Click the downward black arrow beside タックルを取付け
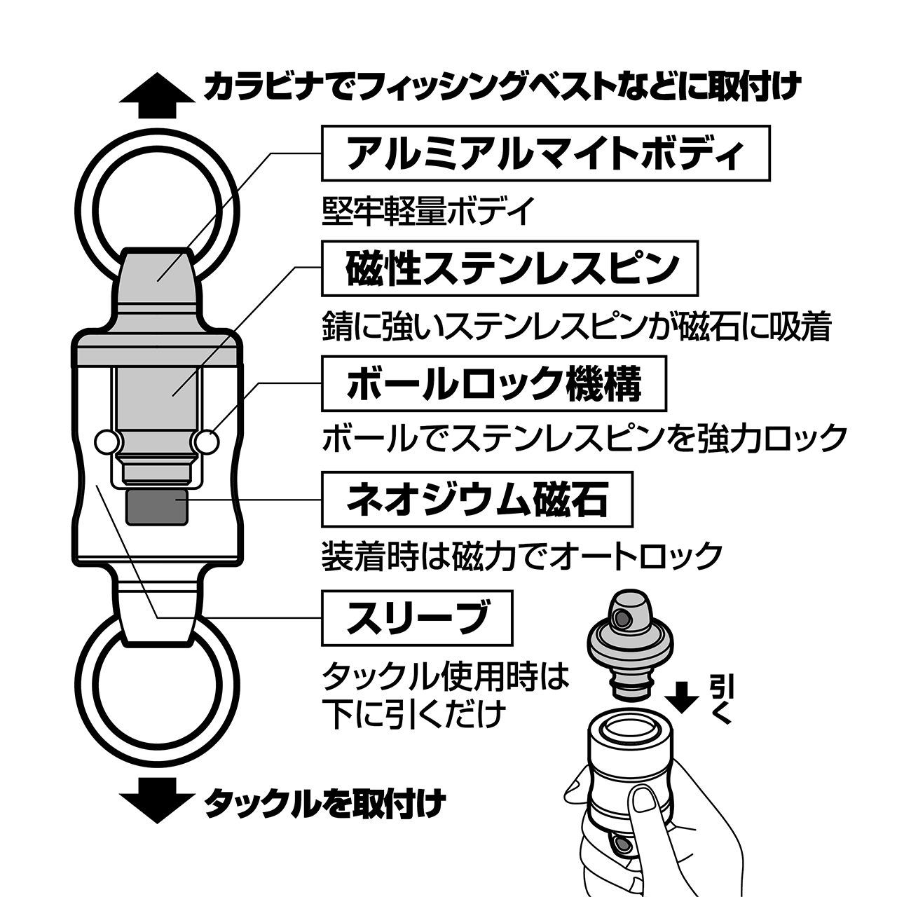click(x=157, y=801)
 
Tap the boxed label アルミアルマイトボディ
click(x=545, y=153)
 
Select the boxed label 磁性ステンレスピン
click(x=509, y=268)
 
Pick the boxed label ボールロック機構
click(x=493, y=383)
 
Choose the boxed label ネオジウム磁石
click(x=477, y=500)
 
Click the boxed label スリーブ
click(x=417, y=618)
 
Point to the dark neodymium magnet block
click(x=158, y=507)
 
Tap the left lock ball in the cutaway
click(x=108, y=441)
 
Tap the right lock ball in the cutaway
click(x=207, y=441)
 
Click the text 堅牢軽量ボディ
click(x=427, y=212)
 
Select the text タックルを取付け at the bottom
click(x=325, y=802)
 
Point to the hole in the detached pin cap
click(x=622, y=617)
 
